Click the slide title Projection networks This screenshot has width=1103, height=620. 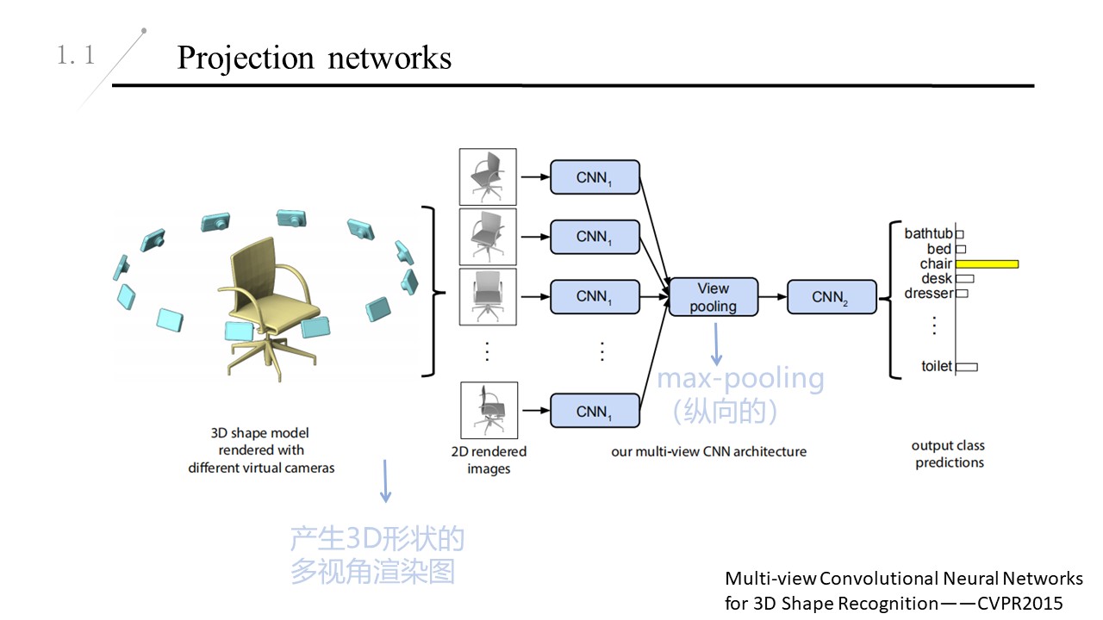click(314, 58)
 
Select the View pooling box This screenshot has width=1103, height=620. click(714, 297)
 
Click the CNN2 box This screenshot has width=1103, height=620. click(832, 297)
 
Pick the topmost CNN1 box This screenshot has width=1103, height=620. click(595, 177)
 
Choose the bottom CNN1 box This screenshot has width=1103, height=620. click(595, 412)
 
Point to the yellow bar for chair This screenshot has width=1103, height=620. click(987, 263)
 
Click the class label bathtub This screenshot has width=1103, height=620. click(928, 233)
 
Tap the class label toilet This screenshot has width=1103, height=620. click(937, 366)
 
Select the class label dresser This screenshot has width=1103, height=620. click(929, 293)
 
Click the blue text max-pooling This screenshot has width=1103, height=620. click(740, 378)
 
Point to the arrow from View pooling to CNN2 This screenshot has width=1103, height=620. click(773, 297)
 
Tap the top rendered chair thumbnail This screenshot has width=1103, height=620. click(488, 177)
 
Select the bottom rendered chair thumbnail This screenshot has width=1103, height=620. click(488, 411)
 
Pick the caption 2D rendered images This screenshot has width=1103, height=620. click(489, 460)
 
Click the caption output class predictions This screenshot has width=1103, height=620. click(949, 454)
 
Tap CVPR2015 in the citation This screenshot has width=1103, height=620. click(1020, 603)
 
